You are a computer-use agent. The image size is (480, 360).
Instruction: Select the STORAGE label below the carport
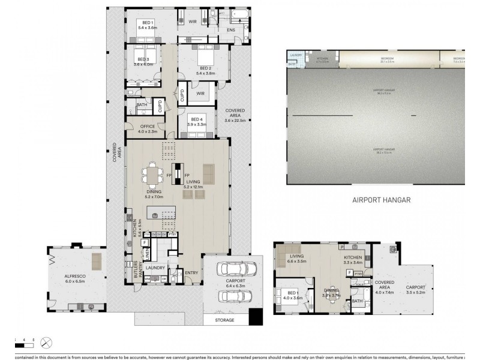pos(226,321)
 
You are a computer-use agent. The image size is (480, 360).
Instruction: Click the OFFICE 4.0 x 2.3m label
pos(147,128)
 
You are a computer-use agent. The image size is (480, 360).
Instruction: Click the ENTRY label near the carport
pos(191,273)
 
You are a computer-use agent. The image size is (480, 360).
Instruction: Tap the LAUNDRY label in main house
pos(155,268)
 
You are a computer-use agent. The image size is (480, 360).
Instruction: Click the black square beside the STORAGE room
pos(256,316)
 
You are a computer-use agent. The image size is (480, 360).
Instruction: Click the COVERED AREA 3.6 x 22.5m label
pos(235,115)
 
